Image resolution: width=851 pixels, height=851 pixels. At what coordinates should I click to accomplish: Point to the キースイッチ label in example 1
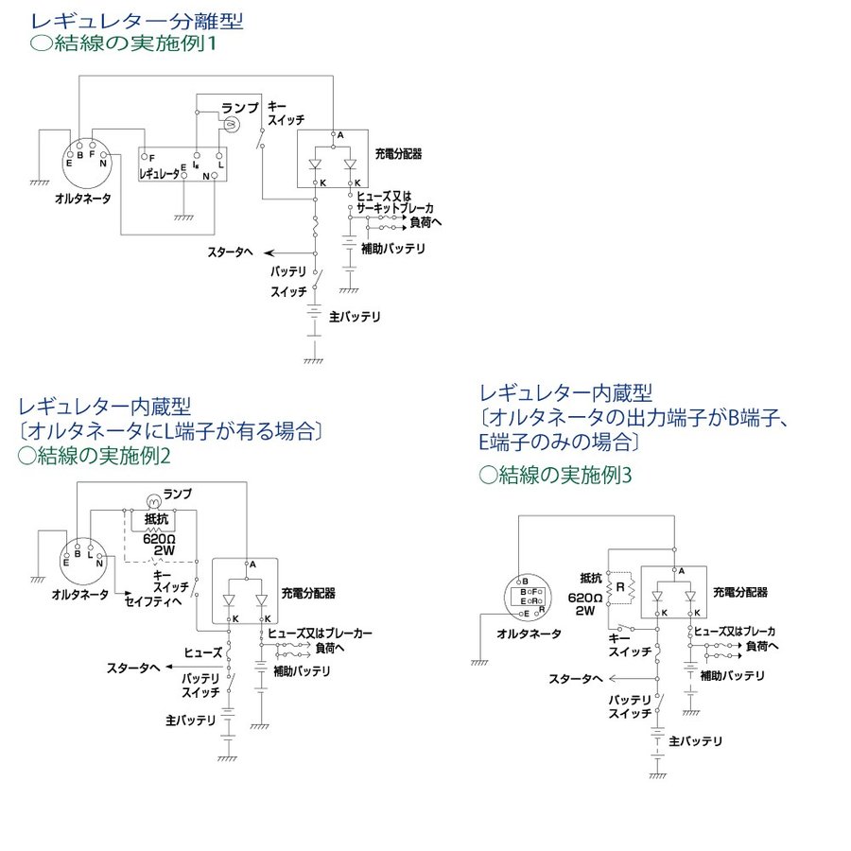point(284,113)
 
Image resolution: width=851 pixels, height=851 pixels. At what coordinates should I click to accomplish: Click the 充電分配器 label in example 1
point(398,152)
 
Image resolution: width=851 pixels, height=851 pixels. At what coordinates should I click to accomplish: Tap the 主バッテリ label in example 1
point(355,318)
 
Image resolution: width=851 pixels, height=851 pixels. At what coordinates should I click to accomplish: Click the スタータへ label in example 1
point(231,252)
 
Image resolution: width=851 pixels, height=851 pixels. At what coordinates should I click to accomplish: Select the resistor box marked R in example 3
point(620,588)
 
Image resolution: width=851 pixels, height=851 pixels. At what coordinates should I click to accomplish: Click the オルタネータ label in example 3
point(529,633)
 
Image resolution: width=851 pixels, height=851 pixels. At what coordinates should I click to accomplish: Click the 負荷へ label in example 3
point(761,647)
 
